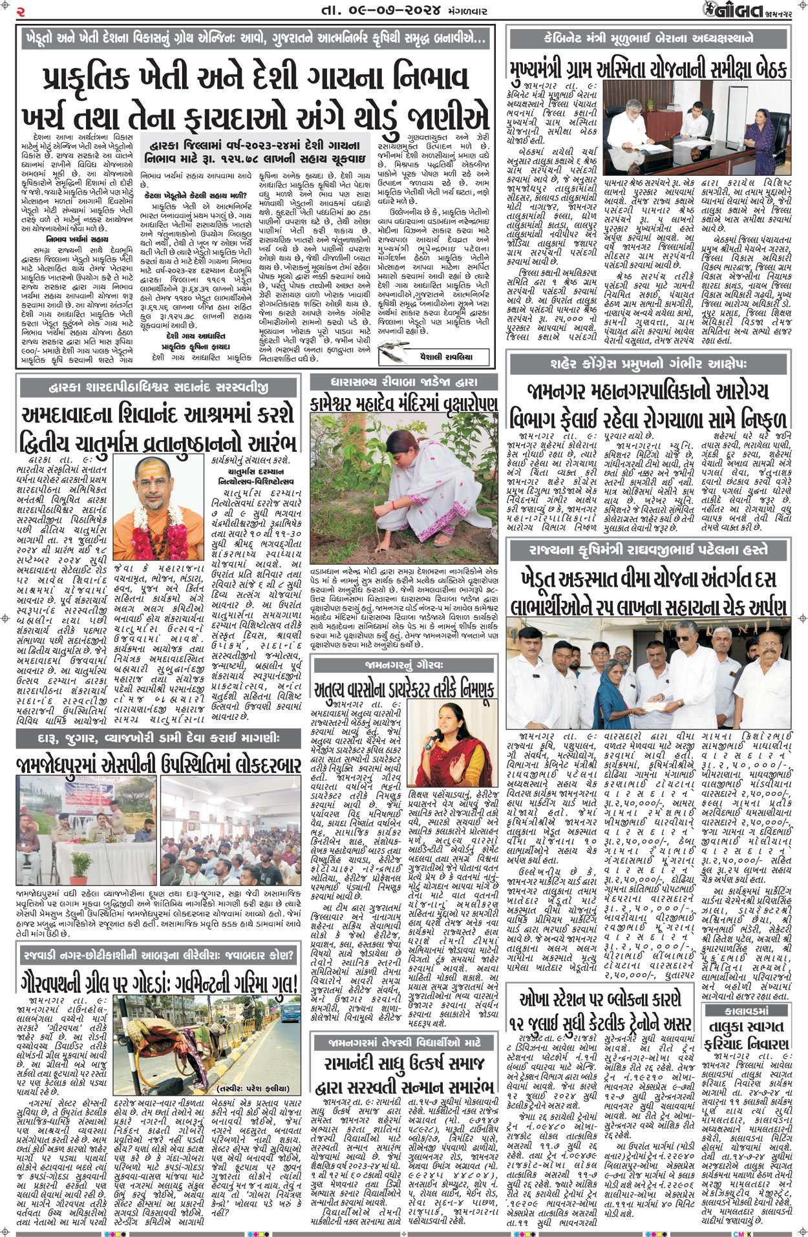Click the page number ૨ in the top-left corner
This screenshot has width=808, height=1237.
(21, 12)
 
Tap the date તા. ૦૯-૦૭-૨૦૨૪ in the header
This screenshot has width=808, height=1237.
(381, 11)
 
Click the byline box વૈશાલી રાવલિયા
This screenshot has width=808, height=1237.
(446, 356)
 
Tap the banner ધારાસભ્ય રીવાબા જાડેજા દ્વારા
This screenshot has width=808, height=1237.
(403, 382)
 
